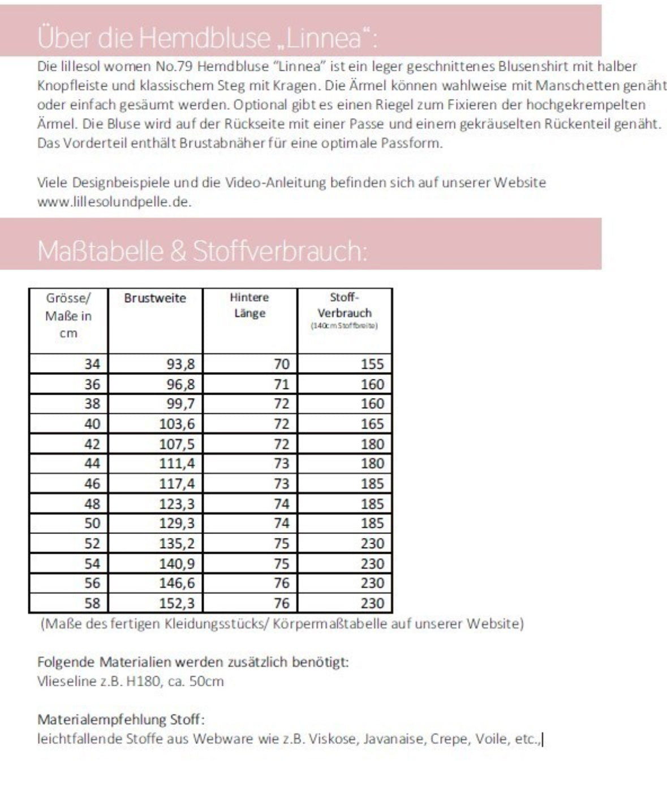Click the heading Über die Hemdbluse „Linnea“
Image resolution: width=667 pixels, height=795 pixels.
(207, 38)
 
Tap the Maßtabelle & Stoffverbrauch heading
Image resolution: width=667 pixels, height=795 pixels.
(202, 251)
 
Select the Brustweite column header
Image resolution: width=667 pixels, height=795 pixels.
(155, 298)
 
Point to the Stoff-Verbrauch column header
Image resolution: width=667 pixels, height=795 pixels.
(345, 305)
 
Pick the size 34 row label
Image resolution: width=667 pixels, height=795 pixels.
(92, 364)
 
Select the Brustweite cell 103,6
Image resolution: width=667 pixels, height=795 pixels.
(177, 424)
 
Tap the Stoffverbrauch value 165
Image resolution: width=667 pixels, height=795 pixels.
(372, 424)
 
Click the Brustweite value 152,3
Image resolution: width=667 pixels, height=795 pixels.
(177, 603)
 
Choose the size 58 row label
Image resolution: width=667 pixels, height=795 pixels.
(92, 603)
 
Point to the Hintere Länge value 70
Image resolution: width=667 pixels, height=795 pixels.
(281, 364)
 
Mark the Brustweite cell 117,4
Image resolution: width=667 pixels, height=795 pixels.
(177, 484)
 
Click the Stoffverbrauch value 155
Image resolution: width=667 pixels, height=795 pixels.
(372, 364)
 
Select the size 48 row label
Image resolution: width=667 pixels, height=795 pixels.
(92, 503)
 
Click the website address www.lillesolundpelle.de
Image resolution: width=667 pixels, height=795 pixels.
(114, 202)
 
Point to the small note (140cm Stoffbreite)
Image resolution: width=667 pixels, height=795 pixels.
(345, 326)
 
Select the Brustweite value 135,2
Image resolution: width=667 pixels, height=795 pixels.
(177, 544)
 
